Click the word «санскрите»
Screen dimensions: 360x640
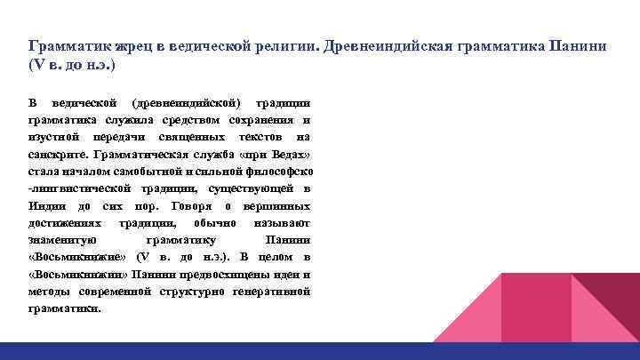[56, 155]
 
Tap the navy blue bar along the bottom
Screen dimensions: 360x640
[320, 351]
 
